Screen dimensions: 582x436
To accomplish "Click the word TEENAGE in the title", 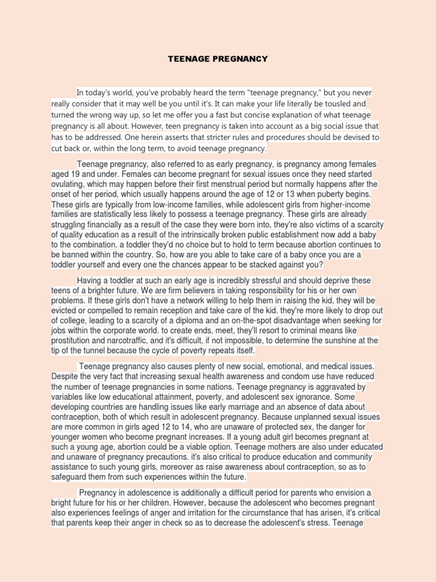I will point(187,59).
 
